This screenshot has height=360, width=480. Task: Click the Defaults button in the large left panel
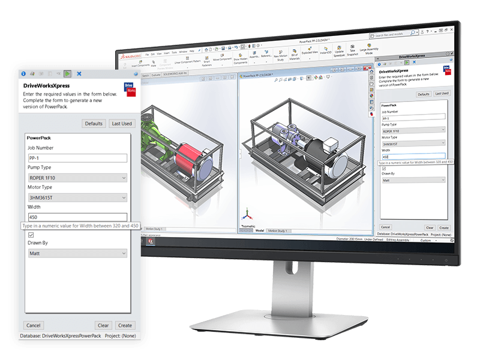click(x=94, y=124)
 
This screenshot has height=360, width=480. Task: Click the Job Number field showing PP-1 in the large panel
click(x=77, y=158)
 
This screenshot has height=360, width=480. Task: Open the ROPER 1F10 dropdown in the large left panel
click(x=77, y=178)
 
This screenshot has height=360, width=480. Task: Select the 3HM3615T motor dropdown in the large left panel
click(x=77, y=197)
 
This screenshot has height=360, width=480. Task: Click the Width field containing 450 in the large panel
click(x=77, y=217)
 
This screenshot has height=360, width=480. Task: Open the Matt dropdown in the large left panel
click(x=77, y=254)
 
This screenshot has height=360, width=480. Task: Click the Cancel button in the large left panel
click(x=34, y=325)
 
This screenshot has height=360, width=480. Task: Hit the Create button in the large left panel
click(x=125, y=325)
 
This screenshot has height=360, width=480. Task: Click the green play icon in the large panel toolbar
click(x=68, y=73)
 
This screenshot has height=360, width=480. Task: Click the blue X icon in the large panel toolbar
click(x=79, y=73)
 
